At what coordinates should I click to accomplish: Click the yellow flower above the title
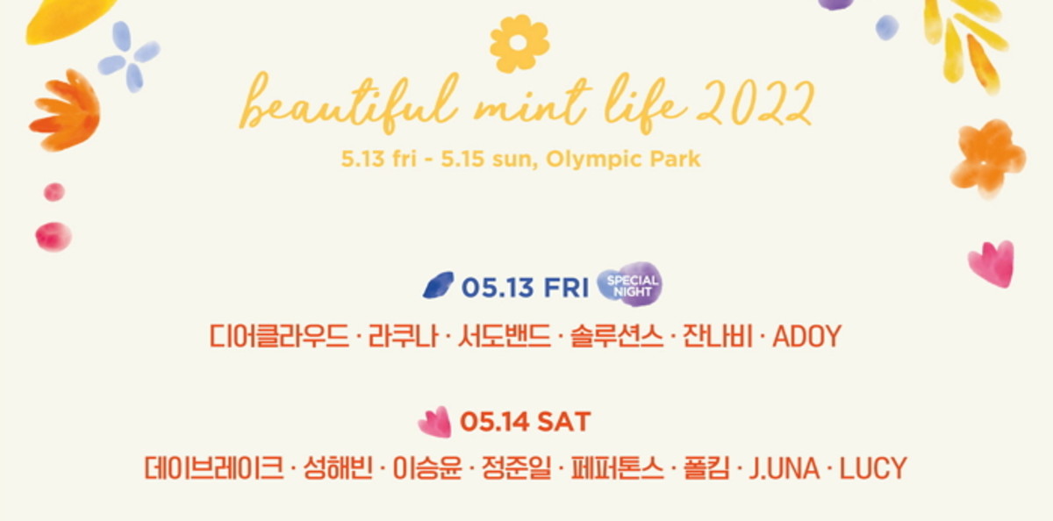pos(519,43)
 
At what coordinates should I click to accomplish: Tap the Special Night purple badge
pos(630,284)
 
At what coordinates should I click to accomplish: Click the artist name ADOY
pos(806,337)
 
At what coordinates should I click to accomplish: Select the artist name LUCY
pos(873,467)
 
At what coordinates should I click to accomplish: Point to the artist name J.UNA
pos(784,467)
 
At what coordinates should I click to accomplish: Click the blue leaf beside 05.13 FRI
pos(438,285)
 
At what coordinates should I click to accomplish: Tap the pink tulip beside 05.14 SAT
pos(434,422)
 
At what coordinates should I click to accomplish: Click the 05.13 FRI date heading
pos(525,287)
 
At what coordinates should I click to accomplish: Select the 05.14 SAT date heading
pos(525,421)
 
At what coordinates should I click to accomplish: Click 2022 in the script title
pos(756,103)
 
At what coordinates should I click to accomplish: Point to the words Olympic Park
pos(623,159)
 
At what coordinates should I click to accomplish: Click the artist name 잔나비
pos(718,337)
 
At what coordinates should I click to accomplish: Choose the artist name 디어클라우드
pos(279,337)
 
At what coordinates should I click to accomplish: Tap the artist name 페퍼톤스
pos(617,467)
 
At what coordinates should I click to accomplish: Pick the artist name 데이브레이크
pos(214,467)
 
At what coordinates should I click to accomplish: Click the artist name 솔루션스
pos(617,337)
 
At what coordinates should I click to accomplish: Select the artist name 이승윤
pos(426,467)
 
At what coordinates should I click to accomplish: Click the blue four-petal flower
pos(128,57)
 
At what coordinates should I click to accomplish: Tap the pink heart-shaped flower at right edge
pos(992,264)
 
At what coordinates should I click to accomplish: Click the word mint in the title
pos(531,104)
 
